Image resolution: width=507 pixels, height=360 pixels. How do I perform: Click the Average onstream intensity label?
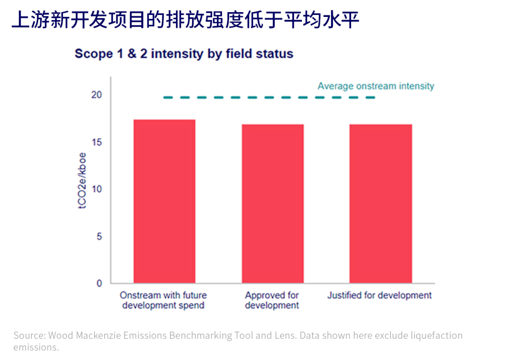coord(376,86)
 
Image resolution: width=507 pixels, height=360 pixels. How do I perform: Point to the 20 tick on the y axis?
coord(97,95)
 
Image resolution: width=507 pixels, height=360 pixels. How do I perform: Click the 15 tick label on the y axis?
coord(97,142)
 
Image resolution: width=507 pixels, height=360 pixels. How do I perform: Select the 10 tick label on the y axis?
coord(97,189)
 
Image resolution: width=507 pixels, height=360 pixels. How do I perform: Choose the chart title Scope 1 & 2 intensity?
coord(184,54)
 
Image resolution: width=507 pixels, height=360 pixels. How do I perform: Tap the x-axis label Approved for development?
coord(272,300)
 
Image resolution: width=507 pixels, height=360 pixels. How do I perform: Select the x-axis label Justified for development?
coord(379,295)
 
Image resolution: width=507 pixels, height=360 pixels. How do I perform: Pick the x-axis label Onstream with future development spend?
coord(163,300)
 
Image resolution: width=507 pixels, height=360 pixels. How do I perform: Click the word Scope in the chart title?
coord(93,54)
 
